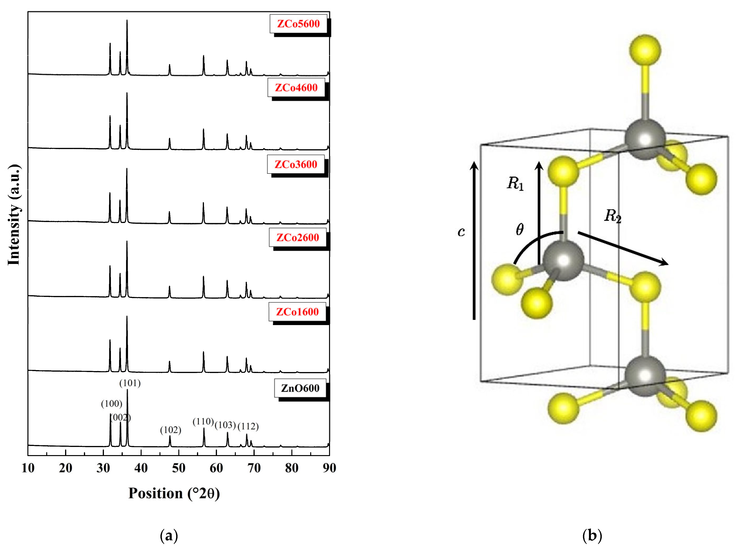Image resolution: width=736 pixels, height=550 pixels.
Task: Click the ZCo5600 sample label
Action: (298, 24)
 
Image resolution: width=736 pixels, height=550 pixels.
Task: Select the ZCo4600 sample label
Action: (296, 88)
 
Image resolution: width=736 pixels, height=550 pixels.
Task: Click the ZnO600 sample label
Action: (300, 388)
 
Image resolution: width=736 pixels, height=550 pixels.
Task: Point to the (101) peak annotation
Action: (130, 383)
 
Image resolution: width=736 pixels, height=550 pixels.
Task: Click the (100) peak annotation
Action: (111, 404)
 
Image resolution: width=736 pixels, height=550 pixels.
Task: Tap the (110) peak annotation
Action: (203, 422)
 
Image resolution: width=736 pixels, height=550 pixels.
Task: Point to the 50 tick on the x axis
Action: (179, 468)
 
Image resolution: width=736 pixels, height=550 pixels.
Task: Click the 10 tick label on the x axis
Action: (28, 468)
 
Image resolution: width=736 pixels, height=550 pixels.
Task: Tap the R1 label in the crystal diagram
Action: (515, 184)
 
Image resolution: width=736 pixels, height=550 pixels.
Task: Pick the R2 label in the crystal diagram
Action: (612, 216)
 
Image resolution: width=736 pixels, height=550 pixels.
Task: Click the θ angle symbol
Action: (519, 229)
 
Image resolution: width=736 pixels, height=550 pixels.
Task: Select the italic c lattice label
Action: (461, 232)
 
